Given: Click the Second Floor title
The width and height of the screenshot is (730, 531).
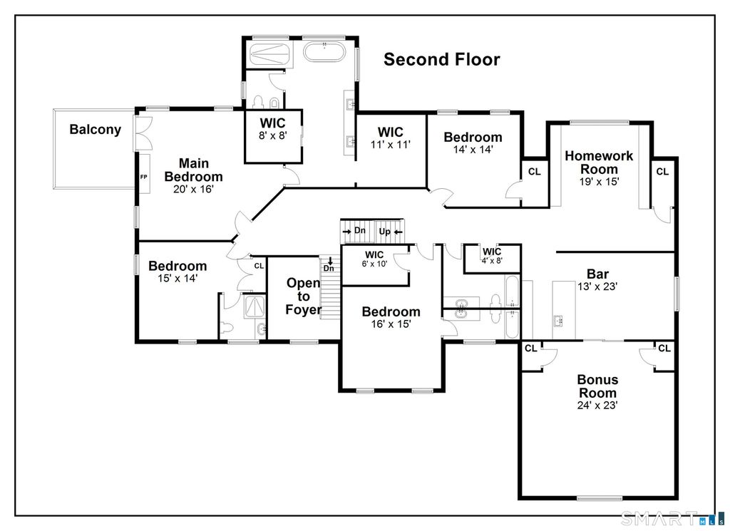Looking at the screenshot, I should [442, 59].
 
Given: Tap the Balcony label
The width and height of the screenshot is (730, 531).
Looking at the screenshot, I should [95, 130].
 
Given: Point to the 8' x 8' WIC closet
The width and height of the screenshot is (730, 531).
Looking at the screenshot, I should [272, 129].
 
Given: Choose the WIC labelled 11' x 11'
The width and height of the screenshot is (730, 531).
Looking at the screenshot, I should [390, 138].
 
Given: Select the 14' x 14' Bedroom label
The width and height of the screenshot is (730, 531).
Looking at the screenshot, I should [473, 143].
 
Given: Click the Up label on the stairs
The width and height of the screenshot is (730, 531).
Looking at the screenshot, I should [384, 231].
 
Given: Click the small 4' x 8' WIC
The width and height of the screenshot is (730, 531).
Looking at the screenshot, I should [492, 256].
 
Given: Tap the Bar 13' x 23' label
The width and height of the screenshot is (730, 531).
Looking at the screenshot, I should [597, 279].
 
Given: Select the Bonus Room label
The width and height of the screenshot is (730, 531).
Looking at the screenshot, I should [597, 392].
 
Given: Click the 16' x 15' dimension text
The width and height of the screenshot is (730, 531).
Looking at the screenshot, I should [391, 324].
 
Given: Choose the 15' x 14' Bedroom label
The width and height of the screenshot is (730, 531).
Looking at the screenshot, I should [178, 272].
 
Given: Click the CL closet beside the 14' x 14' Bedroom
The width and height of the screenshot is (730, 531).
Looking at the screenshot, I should [534, 172].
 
